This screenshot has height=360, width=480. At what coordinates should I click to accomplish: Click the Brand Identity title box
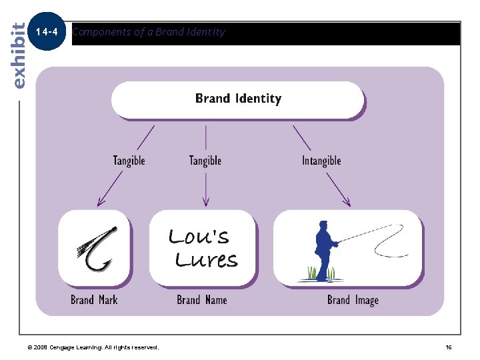[x=238, y=99]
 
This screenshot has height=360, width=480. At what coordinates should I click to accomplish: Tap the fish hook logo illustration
[x=97, y=248]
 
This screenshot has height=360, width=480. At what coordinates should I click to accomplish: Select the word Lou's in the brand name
[x=199, y=236]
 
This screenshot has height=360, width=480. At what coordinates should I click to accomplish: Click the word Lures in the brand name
[x=206, y=259]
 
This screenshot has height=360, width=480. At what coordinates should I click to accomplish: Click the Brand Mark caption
[x=94, y=300]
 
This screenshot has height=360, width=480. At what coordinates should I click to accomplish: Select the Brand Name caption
[x=202, y=300]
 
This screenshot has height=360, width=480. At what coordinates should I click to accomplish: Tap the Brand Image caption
[x=353, y=300]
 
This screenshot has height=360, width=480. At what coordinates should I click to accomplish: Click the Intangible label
[x=321, y=161]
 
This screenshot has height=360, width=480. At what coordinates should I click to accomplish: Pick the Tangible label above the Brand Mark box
[x=129, y=161]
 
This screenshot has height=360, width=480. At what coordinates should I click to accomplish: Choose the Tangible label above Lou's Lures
[x=205, y=161]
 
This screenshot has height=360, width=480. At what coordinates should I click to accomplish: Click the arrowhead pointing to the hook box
[x=101, y=201]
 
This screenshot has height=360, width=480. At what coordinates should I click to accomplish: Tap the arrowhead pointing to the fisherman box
[x=347, y=201]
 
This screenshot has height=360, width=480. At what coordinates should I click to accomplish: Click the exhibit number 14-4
[x=48, y=31]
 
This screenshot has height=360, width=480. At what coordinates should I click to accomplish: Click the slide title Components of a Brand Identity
[x=149, y=32]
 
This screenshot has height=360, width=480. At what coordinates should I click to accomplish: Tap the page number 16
[x=449, y=347]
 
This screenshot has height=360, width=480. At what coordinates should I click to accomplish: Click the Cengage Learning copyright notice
[x=93, y=347]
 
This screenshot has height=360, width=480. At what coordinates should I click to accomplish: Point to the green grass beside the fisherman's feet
[x=312, y=273]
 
